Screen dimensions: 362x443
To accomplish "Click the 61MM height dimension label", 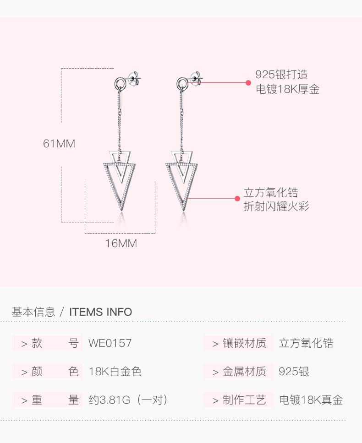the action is click(x=59, y=144).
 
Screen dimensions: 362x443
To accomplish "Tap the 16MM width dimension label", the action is click(x=121, y=243).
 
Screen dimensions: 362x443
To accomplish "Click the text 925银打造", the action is click(x=281, y=75).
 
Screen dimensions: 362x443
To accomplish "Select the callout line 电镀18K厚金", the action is click(x=287, y=89).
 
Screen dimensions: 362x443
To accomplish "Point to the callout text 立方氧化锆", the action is click(x=270, y=193).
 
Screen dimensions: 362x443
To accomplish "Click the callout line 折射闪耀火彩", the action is click(x=276, y=206).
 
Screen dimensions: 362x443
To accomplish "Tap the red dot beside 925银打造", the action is click(x=248, y=83).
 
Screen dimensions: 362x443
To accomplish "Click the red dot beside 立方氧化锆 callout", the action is click(x=237, y=199).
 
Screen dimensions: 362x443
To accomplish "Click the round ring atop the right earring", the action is click(x=182, y=84).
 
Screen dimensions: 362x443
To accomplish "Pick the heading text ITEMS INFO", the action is click(x=100, y=312).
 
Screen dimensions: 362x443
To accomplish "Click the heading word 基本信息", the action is click(x=33, y=312).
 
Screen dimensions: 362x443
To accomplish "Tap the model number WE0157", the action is click(x=110, y=343).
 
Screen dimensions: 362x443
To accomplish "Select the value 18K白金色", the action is click(x=115, y=372).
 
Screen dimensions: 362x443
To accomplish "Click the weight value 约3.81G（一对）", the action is click(x=129, y=400).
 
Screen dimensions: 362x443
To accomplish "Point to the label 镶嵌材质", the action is click(x=244, y=343).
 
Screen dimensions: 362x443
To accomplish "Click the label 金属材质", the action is click(x=244, y=372).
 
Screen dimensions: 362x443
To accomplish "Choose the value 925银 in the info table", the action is click(x=294, y=372).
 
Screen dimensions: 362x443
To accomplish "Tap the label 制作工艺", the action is click(x=244, y=400).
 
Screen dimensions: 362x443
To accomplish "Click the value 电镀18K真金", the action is click(x=311, y=400).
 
